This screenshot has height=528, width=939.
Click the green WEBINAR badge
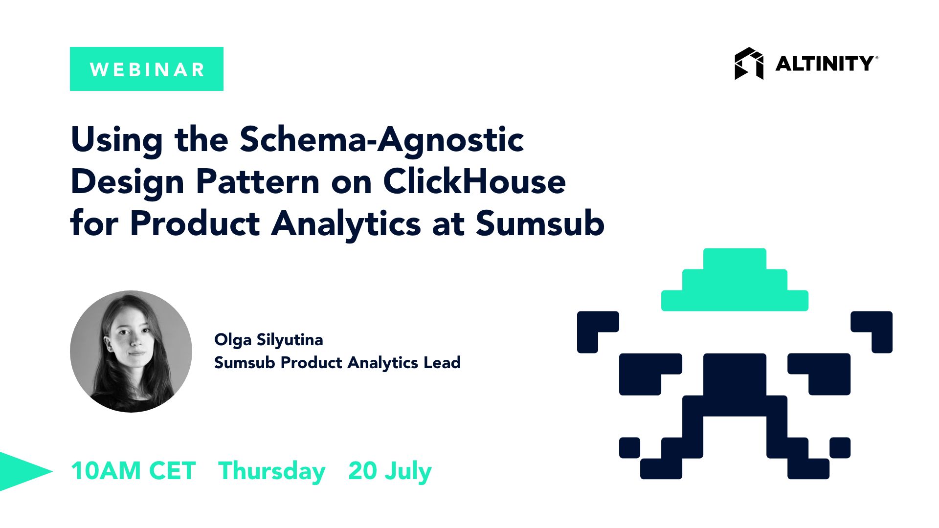(x=146, y=69)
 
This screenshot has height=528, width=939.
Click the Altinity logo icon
(x=748, y=64)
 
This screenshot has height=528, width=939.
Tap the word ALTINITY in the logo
(x=825, y=64)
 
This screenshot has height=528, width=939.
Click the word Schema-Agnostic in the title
(x=381, y=140)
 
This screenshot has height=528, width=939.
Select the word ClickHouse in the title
(x=474, y=182)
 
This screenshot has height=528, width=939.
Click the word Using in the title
(x=116, y=140)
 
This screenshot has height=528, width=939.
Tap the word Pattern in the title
(x=257, y=182)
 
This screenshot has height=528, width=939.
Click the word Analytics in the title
(x=346, y=224)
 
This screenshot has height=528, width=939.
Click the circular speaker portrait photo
(x=131, y=351)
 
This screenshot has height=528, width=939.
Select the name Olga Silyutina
(x=268, y=340)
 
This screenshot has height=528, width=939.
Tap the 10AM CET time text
(x=133, y=471)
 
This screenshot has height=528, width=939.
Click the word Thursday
(x=271, y=471)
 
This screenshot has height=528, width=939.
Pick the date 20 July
(x=390, y=471)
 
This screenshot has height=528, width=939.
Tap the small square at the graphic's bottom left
(x=629, y=447)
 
